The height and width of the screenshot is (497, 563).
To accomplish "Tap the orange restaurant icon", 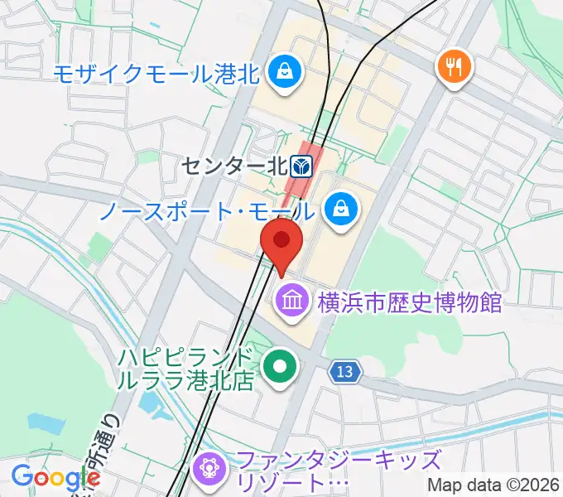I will coord(453,65).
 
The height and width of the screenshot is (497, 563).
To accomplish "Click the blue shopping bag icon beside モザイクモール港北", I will coord(284,73).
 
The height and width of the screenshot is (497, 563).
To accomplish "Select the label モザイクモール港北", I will coord(157,74).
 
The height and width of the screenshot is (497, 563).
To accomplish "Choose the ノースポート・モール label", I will coord(207,210).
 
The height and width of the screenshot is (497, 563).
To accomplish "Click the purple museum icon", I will coord(291,299).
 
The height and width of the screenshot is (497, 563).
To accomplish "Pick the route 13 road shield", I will coord(347,372).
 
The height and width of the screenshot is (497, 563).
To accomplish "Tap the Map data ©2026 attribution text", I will coord(493,485).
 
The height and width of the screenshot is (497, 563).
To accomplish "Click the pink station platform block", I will coord(298,182).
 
